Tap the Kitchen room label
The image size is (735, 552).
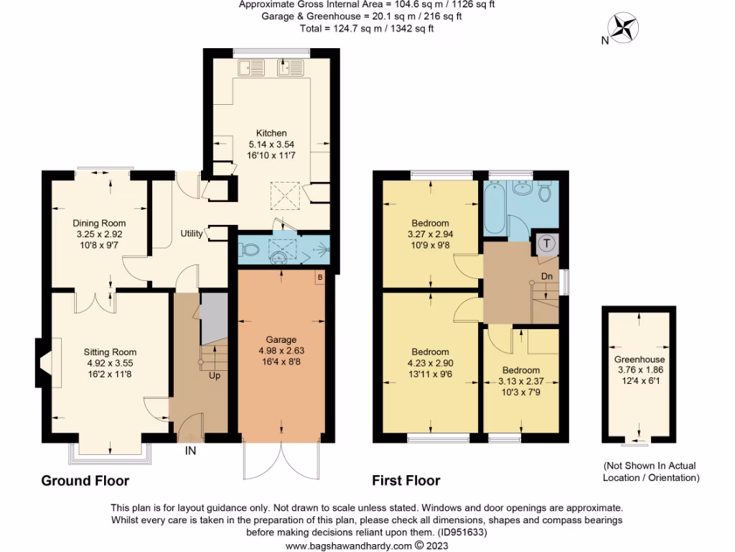click(x=271, y=133)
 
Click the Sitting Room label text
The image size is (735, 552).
click(x=110, y=352)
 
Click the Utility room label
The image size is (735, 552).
click(x=192, y=234)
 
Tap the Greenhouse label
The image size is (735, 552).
click(x=639, y=359)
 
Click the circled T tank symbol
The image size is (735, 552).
click(x=547, y=244)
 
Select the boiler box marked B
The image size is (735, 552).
click(x=319, y=277)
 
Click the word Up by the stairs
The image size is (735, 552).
click(x=215, y=375)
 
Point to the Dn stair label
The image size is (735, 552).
click(x=546, y=275)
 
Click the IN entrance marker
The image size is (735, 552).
click(x=191, y=451)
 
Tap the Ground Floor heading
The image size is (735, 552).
click(x=85, y=480)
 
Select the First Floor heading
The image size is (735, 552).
click(x=406, y=480)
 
